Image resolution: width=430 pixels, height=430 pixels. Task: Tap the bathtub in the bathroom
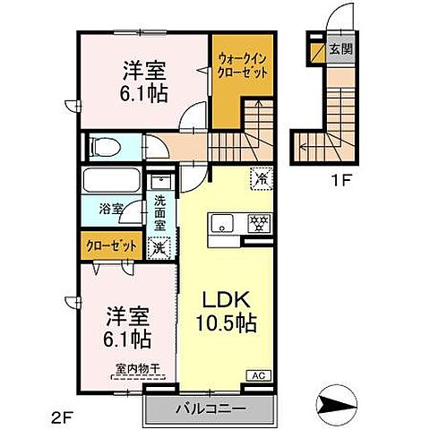111,184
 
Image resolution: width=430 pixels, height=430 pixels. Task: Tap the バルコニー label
208,408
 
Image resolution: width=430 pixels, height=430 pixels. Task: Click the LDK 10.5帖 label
228,309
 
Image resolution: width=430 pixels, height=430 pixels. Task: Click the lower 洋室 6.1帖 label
125,329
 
